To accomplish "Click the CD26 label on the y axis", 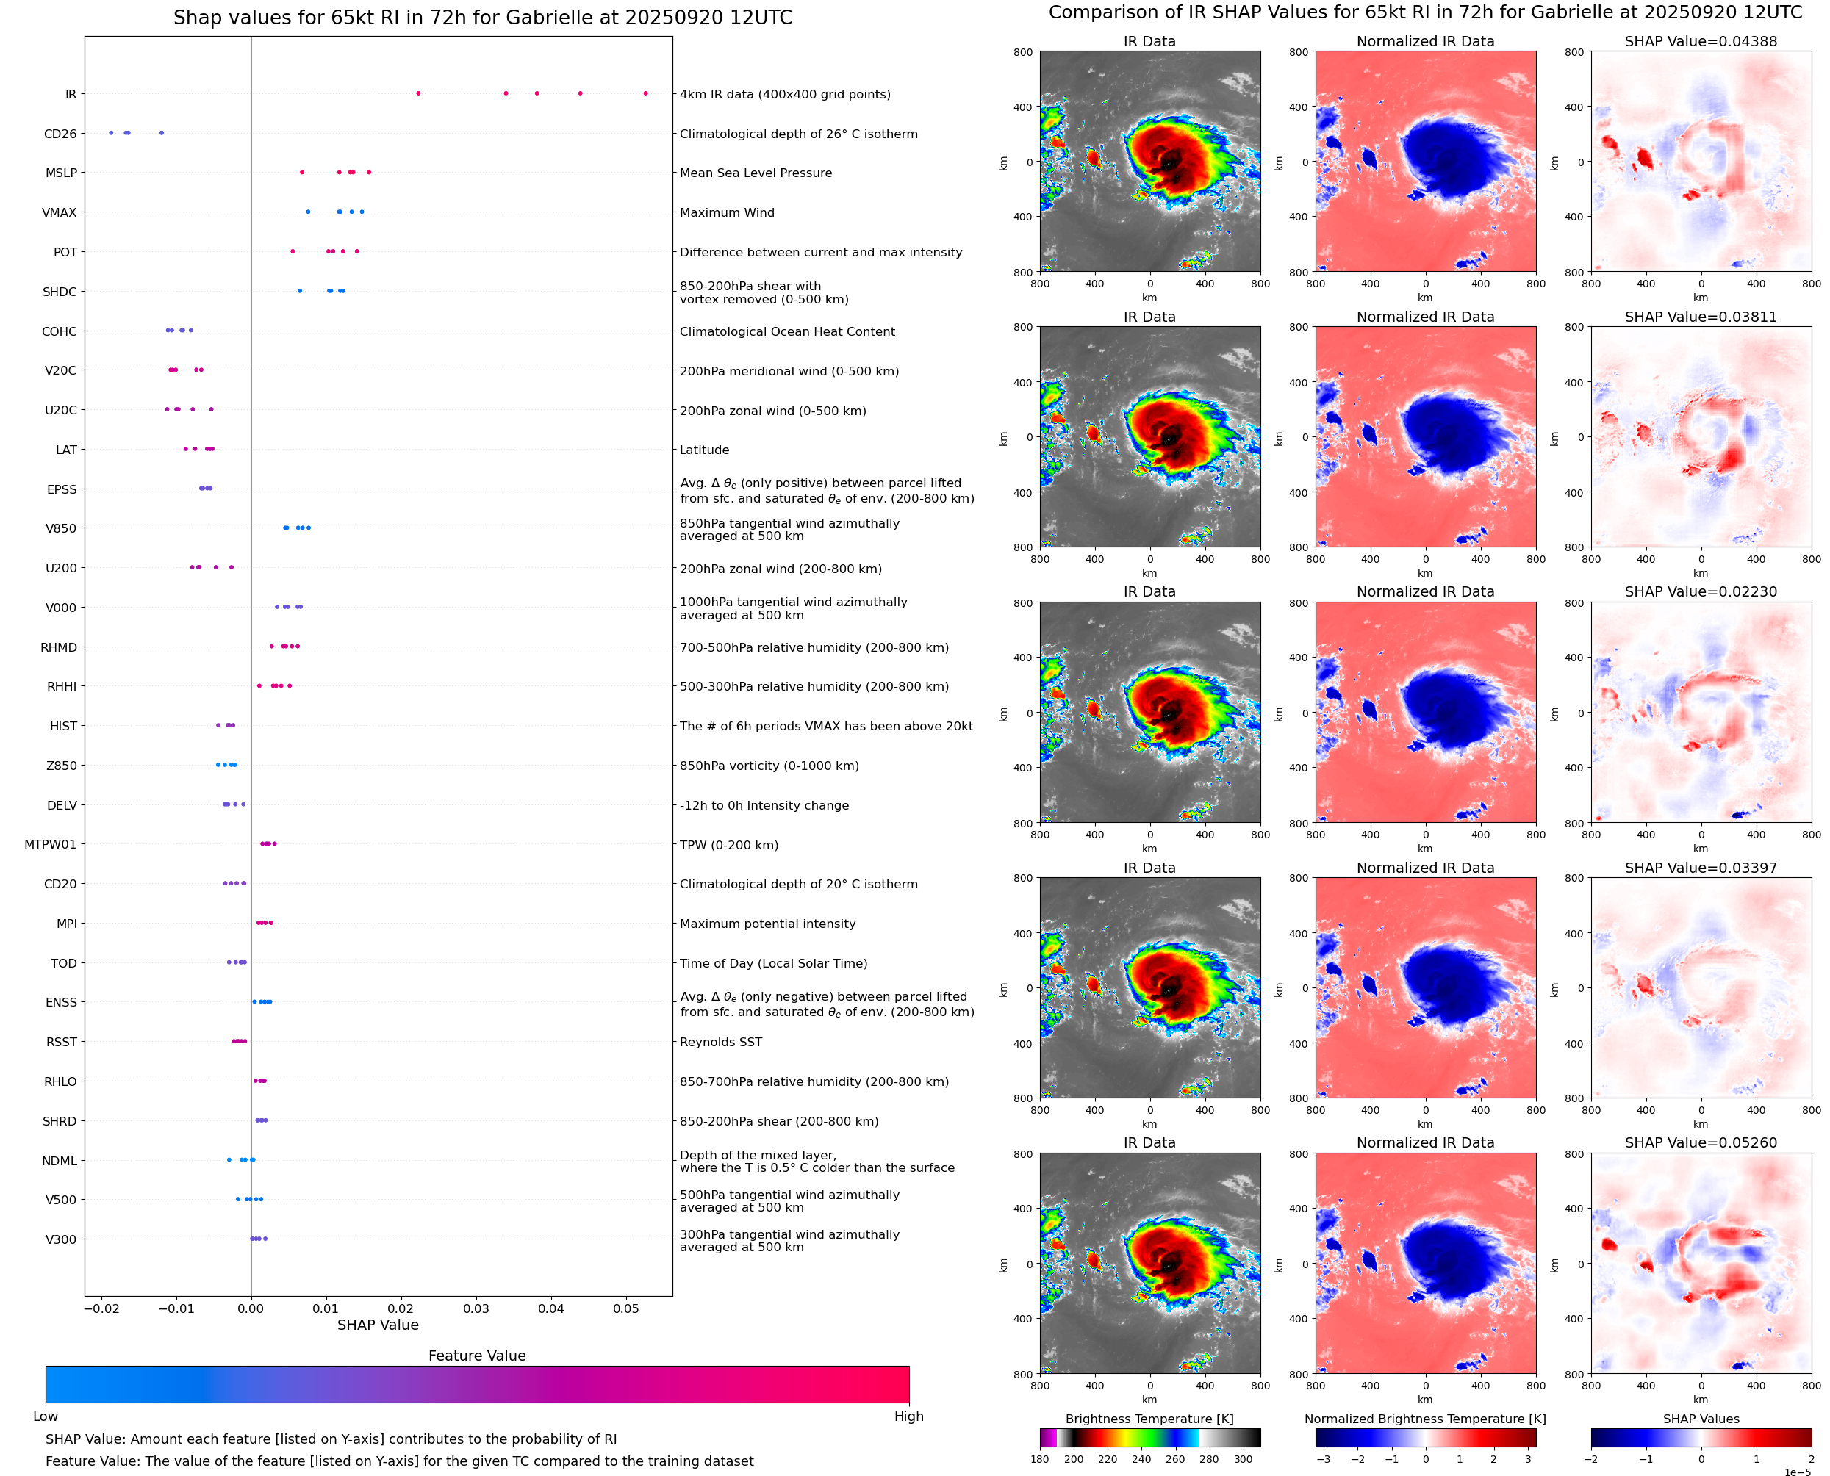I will [60, 134].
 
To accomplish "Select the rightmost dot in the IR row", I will [645, 93].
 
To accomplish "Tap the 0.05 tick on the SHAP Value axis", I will [626, 1308].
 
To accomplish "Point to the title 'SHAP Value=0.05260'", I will [1701, 1142].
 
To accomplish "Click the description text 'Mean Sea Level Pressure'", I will [755, 173].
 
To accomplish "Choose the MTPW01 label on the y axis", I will [50, 844].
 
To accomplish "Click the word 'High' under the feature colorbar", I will [908, 1416].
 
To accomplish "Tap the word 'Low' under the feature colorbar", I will [45, 1416].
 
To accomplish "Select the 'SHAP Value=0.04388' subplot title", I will [1701, 41].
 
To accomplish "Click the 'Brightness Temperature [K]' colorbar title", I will [1149, 1419].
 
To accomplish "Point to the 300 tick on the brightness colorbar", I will [1244, 1459].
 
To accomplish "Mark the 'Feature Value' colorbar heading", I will [477, 1356].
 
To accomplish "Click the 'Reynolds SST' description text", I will [720, 1042].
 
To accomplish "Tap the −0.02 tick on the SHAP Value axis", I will [101, 1308].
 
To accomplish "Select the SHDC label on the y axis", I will [60, 292].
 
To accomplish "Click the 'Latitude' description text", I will [704, 450].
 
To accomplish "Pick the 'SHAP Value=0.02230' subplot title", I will [1701, 591].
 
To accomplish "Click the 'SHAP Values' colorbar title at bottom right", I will [1701, 1419].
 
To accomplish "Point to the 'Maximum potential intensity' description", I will [767, 924].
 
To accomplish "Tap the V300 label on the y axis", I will [60, 1239].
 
